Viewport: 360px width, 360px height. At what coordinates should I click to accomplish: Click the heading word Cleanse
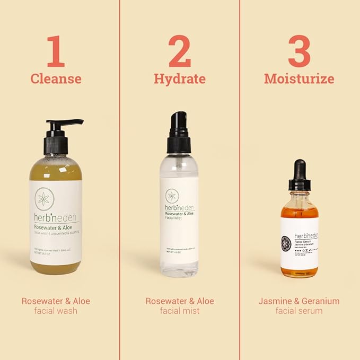(56, 79)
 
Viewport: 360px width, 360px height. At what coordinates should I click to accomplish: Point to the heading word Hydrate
(180, 79)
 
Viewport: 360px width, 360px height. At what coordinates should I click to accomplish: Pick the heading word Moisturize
(299, 79)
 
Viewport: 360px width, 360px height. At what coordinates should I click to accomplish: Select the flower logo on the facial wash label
(44, 199)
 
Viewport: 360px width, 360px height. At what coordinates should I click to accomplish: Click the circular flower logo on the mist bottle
(172, 196)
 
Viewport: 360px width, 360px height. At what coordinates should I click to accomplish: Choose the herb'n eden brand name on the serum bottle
(305, 235)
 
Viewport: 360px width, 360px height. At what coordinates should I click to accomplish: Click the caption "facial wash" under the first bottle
(56, 311)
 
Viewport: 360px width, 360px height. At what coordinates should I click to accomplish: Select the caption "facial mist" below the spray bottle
(180, 311)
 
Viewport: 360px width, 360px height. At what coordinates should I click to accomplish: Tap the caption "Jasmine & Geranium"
(299, 301)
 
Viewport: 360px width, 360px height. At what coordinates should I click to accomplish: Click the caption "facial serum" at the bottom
(299, 311)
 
